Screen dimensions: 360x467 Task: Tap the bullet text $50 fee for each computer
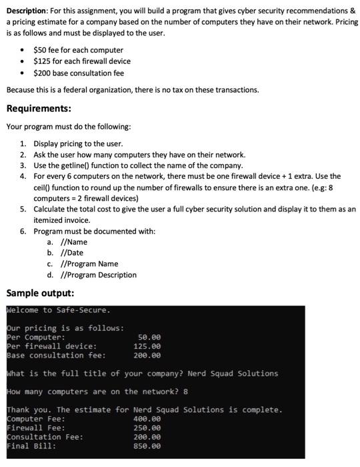click(78, 50)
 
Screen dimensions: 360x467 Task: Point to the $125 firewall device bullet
click(83, 61)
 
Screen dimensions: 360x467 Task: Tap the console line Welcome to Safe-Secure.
click(59, 310)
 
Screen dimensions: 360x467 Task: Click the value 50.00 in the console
click(149, 338)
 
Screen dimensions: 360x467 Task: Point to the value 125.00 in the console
click(147, 346)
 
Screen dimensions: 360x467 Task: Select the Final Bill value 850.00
click(147, 446)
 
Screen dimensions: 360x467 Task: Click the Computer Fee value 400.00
click(147, 419)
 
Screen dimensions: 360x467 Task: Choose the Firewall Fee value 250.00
click(147, 428)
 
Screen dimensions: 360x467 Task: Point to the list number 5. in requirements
click(23, 209)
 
